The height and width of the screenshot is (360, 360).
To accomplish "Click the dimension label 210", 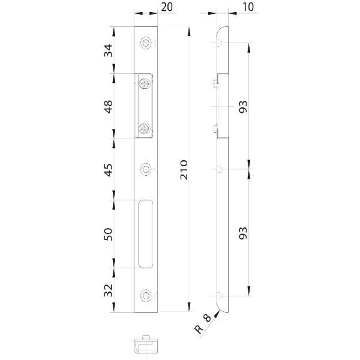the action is pos(184,169).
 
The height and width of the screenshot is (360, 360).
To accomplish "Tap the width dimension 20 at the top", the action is pos(167,7).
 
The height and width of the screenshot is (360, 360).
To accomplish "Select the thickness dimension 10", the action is pos(248,7).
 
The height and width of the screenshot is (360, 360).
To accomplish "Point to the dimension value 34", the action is pos(109,50).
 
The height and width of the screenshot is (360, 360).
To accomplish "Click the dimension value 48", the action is pos(109,107).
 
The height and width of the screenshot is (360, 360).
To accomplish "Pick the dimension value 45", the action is pos(109,170).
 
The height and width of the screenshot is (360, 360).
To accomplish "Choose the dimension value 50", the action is pos(109,234).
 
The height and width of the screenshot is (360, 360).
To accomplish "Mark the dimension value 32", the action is pos(109,290).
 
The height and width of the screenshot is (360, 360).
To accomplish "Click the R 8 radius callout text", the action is pos(203,325).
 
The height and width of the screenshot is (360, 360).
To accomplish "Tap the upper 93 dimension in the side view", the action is pos(244,106).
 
